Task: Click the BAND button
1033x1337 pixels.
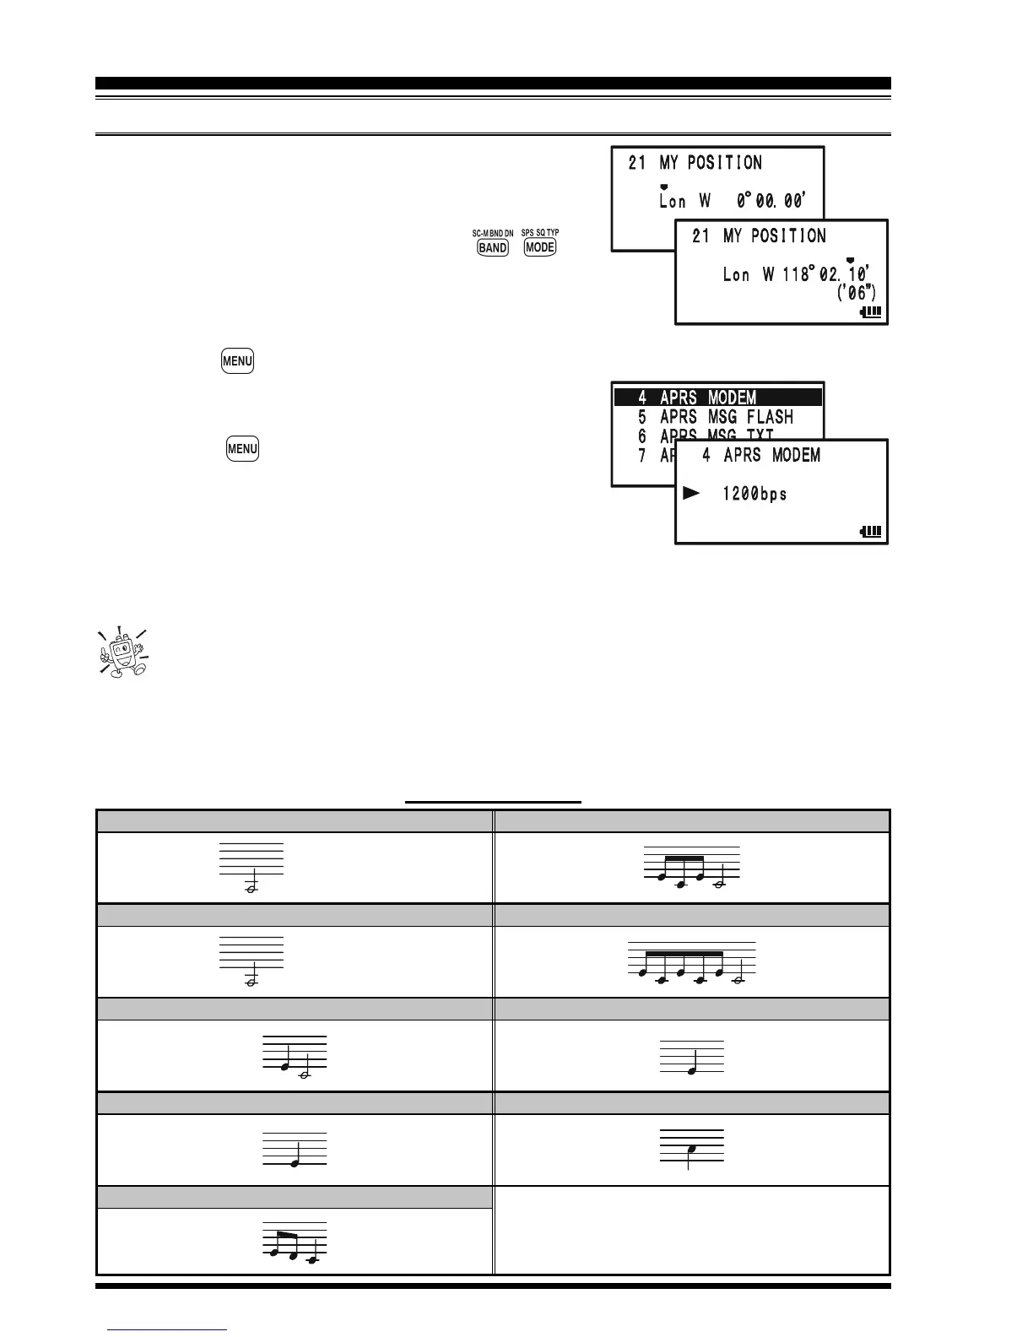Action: [493, 248]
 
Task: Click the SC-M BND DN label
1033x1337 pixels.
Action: [493, 233]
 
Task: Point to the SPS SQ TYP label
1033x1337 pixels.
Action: [540, 233]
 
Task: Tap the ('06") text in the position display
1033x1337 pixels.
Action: [855, 294]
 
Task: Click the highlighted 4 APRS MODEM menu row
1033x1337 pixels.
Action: [717, 398]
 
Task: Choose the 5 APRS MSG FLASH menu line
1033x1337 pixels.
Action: [716, 417]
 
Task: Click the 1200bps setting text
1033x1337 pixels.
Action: [754, 494]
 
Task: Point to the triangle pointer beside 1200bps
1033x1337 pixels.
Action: [692, 493]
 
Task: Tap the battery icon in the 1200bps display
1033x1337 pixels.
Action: [870, 532]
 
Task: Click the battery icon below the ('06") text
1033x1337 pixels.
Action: [870, 311]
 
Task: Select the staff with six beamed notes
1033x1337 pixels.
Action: [691, 963]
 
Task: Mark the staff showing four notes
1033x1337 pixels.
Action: [691, 869]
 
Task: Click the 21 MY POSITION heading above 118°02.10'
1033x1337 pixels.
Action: [759, 236]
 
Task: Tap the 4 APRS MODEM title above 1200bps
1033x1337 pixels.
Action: [760, 456]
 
